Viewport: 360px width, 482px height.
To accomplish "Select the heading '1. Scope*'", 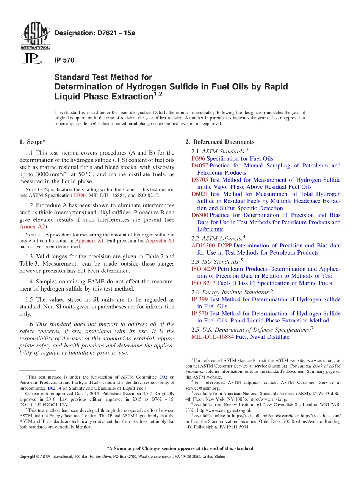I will point(32,142).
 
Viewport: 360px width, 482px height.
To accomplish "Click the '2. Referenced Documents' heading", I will point(220,142).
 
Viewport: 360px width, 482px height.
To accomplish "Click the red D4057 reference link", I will point(200,166).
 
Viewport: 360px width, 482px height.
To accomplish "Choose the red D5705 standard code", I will point(200,180).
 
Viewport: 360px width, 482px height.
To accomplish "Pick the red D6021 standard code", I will point(200,194).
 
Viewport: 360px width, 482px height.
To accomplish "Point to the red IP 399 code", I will point(199,299).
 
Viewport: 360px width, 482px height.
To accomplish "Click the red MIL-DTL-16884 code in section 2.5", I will point(213,337).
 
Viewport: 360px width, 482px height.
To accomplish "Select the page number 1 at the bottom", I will point(180,466).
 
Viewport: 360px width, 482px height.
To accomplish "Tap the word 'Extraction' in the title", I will point(130,97).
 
